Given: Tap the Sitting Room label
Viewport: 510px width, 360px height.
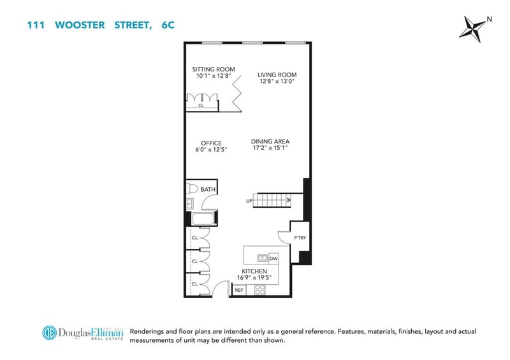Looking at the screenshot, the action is (214, 69).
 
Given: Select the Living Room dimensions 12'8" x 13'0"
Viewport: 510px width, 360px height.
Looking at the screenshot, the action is (277, 82).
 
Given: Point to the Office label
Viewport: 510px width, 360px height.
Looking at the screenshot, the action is (211, 143).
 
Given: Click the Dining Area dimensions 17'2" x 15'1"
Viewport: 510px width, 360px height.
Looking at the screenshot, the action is (270, 148).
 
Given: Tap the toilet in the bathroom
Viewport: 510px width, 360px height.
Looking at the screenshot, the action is (192, 189).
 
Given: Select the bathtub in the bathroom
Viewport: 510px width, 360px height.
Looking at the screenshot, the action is (203, 219).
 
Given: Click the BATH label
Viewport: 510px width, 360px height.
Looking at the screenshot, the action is (208, 190).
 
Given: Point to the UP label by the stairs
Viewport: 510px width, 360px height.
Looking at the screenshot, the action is (249, 201).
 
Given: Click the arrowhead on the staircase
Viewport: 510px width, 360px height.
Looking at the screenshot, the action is (289, 200).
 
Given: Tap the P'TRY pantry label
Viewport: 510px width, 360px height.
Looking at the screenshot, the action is (300, 238).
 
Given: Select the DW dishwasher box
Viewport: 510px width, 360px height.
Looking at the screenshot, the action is (273, 259).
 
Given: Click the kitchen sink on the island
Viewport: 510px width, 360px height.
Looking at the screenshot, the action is (262, 258).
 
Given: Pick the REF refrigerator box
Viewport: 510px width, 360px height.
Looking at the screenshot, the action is (239, 290).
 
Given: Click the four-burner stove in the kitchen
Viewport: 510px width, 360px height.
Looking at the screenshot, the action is (260, 290).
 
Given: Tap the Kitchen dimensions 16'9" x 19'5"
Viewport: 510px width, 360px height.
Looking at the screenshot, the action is (254, 278).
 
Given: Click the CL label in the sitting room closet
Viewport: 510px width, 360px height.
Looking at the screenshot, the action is (201, 105).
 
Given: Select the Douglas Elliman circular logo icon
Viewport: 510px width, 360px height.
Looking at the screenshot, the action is (50, 333).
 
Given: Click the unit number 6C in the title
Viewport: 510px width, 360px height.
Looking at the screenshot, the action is (168, 25).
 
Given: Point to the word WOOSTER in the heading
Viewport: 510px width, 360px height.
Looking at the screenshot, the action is (80, 25).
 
